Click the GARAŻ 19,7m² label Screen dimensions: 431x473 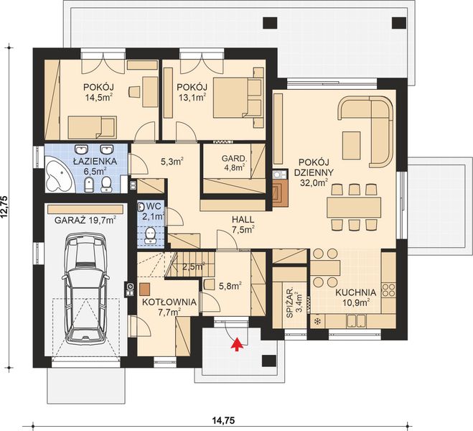(85, 221)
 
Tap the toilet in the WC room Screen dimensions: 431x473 (150, 235)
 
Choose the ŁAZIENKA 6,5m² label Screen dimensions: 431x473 (90, 166)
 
